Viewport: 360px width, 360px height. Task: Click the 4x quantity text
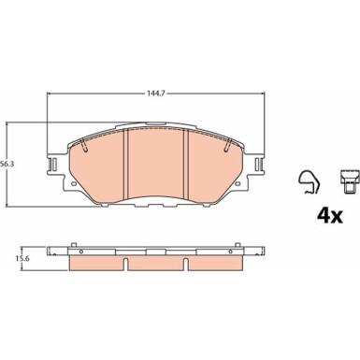click(330, 215)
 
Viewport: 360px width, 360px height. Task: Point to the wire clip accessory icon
click(310, 182)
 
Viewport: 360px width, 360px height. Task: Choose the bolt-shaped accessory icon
click(349, 181)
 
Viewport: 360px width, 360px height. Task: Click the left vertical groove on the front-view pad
click(126, 164)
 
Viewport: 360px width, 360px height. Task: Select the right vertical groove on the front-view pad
click(186, 164)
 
